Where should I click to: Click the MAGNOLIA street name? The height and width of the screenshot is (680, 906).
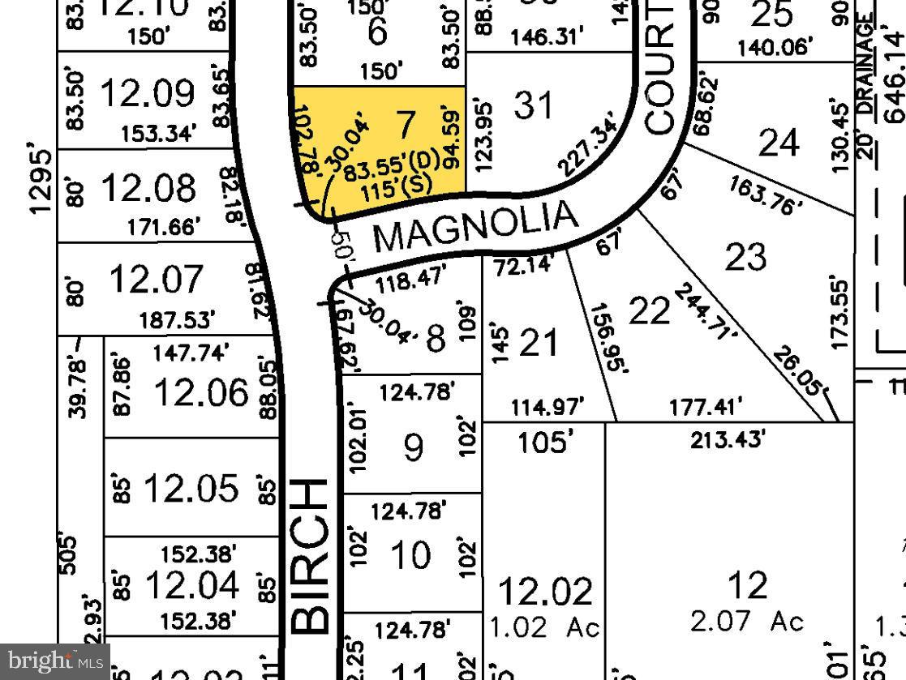(x=476, y=228)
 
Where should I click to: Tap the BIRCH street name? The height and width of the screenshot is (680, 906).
(x=310, y=556)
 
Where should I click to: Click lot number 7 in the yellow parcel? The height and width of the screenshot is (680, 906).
(x=406, y=124)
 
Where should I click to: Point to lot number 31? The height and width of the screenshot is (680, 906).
(x=534, y=105)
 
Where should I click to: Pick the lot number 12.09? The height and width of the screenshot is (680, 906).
(x=147, y=93)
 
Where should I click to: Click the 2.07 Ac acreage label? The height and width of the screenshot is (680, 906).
(x=747, y=622)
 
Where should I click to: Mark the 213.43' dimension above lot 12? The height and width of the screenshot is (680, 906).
(x=727, y=439)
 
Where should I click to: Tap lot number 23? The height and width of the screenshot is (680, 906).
(x=745, y=257)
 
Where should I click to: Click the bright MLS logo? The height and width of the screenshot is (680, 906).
(x=55, y=662)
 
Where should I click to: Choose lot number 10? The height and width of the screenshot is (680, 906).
(x=410, y=556)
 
